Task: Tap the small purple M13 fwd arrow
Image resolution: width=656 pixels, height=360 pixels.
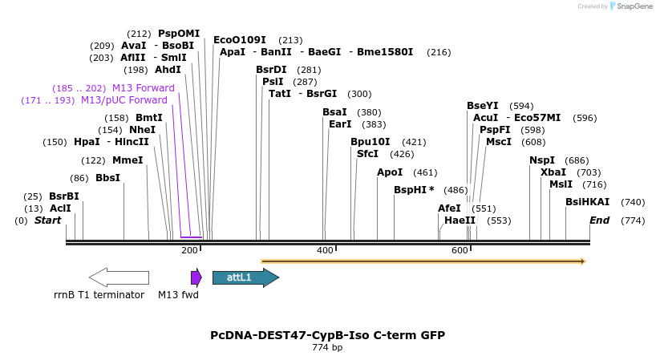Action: click(196, 277)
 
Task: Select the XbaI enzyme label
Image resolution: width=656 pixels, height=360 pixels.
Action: click(553, 172)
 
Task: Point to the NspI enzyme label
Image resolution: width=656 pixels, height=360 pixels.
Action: click(542, 160)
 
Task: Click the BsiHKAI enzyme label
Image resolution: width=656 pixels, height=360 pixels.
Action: click(588, 202)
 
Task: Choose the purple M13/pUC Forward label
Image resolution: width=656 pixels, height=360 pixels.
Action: click(124, 100)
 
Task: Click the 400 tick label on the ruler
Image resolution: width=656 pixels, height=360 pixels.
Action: click(325, 251)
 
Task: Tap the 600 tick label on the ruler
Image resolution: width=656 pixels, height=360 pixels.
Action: click(460, 251)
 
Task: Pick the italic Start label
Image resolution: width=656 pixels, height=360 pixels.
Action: click(47, 220)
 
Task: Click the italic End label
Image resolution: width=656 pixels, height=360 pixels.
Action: click(600, 220)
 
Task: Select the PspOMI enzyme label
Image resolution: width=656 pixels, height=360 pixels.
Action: click(179, 34)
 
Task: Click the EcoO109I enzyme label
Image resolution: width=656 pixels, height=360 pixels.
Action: click(240, 40)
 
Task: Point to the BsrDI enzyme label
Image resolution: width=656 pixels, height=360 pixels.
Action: click(271, 70)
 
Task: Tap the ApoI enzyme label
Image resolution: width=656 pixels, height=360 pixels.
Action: click(391, 172)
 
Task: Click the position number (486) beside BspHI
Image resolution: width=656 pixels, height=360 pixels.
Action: click(456, 190)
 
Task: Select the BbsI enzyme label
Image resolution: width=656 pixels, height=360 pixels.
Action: click(107, 178)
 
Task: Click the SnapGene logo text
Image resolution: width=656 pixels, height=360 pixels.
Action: click(634, 6)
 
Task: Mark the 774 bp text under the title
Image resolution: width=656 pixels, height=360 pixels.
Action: click(327, 348)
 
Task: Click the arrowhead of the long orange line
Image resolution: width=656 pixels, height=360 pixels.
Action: click(583, 261)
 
